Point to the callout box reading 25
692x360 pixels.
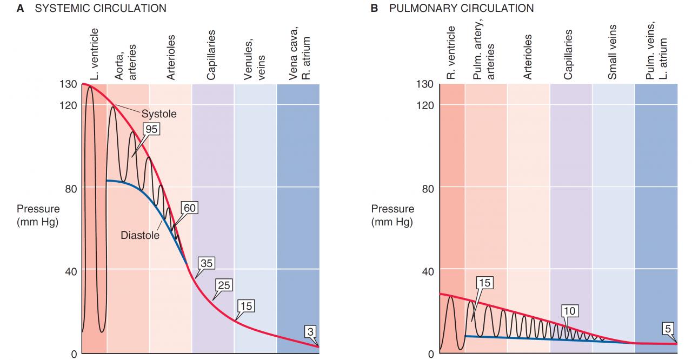[223, 285]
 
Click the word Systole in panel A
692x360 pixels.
[159, 115]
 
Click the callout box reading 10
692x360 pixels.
[569, 310]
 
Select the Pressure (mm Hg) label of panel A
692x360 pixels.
[38, 215]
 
